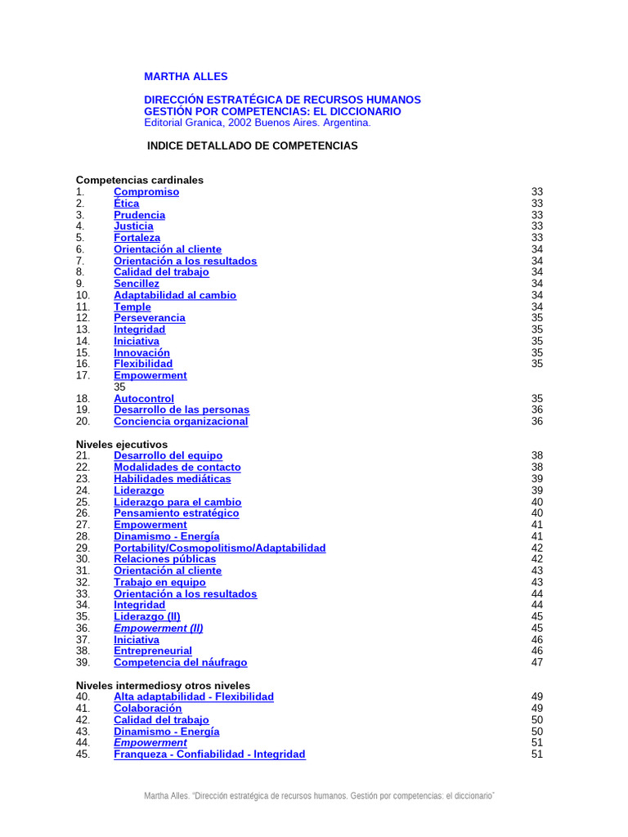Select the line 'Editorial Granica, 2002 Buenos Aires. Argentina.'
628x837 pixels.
[x=257, y=123]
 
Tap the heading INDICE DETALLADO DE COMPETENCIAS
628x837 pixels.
[x=252, y=145]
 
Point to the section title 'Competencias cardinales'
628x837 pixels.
[x=140, y=180]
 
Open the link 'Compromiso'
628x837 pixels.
[x=146, y=192]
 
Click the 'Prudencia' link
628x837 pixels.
[x=139, y=215]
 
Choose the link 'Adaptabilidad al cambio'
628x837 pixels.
[x=175, y=295]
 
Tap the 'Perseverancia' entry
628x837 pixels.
[x=150, y=318]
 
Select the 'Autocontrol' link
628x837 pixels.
[x=144, y=399]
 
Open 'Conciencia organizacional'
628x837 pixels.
[x=181, y=422]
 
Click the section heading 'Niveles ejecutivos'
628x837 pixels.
[x=122, y=444]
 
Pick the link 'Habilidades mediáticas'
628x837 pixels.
[x=173, y=479]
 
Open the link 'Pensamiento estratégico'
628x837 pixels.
[x=177, y=513]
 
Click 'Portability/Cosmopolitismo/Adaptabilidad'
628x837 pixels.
[x=219, y=548]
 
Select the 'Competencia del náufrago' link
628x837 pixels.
[x=180, y=663]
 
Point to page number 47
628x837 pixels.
[x=537, y=663]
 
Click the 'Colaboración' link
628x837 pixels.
[x=147, y=709]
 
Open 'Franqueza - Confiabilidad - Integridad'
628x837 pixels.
[x=209, y=754]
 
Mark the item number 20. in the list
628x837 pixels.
[x=83, y=422]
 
